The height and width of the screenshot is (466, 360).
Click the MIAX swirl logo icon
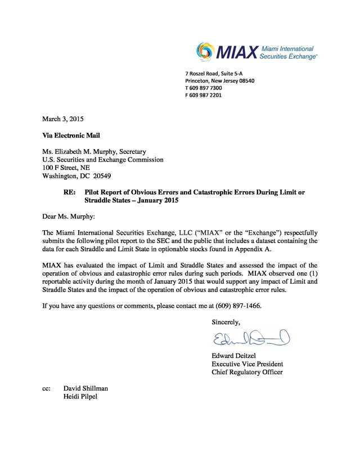point(206,52)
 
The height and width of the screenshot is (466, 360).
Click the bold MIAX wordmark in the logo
point(237,52)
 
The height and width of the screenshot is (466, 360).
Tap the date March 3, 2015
point(63,119)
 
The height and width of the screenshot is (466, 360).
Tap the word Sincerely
point(226,322)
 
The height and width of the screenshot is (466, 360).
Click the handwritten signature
point(251,339)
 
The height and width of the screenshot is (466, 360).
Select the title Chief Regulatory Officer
point(247,372)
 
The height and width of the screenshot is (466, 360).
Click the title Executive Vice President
point(247,364)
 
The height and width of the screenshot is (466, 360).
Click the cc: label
point(47,388)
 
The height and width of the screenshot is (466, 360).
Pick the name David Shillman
point(85,388)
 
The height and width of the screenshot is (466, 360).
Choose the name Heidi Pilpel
point(81,397)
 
